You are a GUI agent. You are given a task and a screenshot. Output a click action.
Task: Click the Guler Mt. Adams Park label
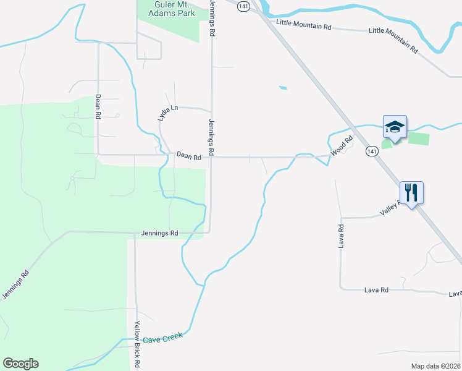point(174,9)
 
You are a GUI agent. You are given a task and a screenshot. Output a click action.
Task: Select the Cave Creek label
point(163,339)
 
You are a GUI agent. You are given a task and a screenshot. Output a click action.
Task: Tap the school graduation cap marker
point(395,127)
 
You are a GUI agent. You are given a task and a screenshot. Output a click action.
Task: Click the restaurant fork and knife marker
point(411,192)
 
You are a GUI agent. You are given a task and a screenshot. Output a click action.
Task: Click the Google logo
point(21,364)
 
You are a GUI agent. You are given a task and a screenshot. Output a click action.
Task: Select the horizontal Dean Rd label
point(189,157)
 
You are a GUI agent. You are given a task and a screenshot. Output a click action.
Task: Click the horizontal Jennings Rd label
point(159,233)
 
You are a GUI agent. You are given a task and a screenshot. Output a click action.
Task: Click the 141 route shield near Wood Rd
point(371,151)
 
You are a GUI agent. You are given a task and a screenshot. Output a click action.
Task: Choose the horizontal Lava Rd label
point(376,289)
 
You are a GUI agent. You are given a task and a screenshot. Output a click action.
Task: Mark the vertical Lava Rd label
point(340,236)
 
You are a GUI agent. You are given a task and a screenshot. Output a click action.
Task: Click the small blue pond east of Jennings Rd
point(282,88)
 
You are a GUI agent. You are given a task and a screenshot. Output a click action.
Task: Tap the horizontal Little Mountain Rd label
point(304,27)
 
